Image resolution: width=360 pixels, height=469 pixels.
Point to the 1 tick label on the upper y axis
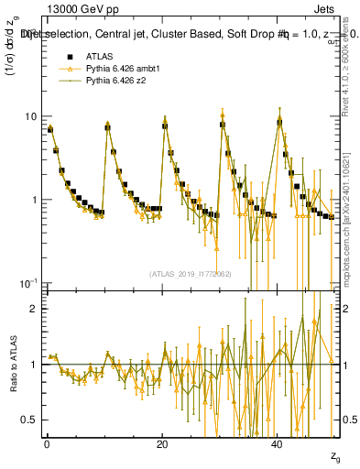(33, 200)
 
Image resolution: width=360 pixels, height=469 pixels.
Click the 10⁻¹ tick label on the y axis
(28, 282)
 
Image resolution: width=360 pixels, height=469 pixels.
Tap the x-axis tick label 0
(46, 443)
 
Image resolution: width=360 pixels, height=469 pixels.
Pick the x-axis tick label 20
(162, 443)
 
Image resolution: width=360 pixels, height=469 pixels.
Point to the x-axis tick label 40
(278, 443)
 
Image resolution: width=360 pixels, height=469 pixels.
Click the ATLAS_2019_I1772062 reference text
(189, 273)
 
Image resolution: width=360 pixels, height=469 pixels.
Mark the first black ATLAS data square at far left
(50, 129)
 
